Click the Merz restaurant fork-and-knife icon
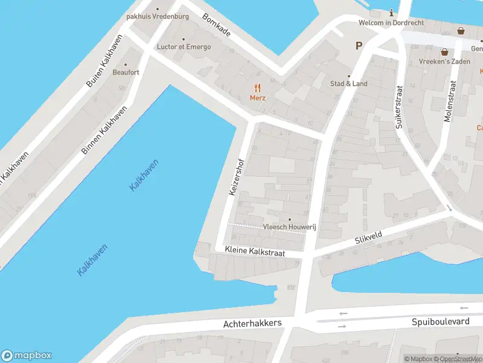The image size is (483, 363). [257, 88]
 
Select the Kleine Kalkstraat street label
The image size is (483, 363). [254, 250]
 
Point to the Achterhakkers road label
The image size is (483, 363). [252, 324]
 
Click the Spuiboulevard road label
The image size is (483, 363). [440, 322]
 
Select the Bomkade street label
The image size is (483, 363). [216, 27]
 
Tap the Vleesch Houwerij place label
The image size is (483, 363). [290, 227]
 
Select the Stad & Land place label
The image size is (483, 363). [348, 83]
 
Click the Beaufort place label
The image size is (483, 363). [126, 72]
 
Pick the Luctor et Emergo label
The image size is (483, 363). [184, 47]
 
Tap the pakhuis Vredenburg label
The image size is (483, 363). [158, 16]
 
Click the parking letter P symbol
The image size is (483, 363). [359, 45]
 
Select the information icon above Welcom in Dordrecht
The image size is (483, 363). [391, 13]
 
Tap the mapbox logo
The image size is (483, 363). [27, 356]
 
